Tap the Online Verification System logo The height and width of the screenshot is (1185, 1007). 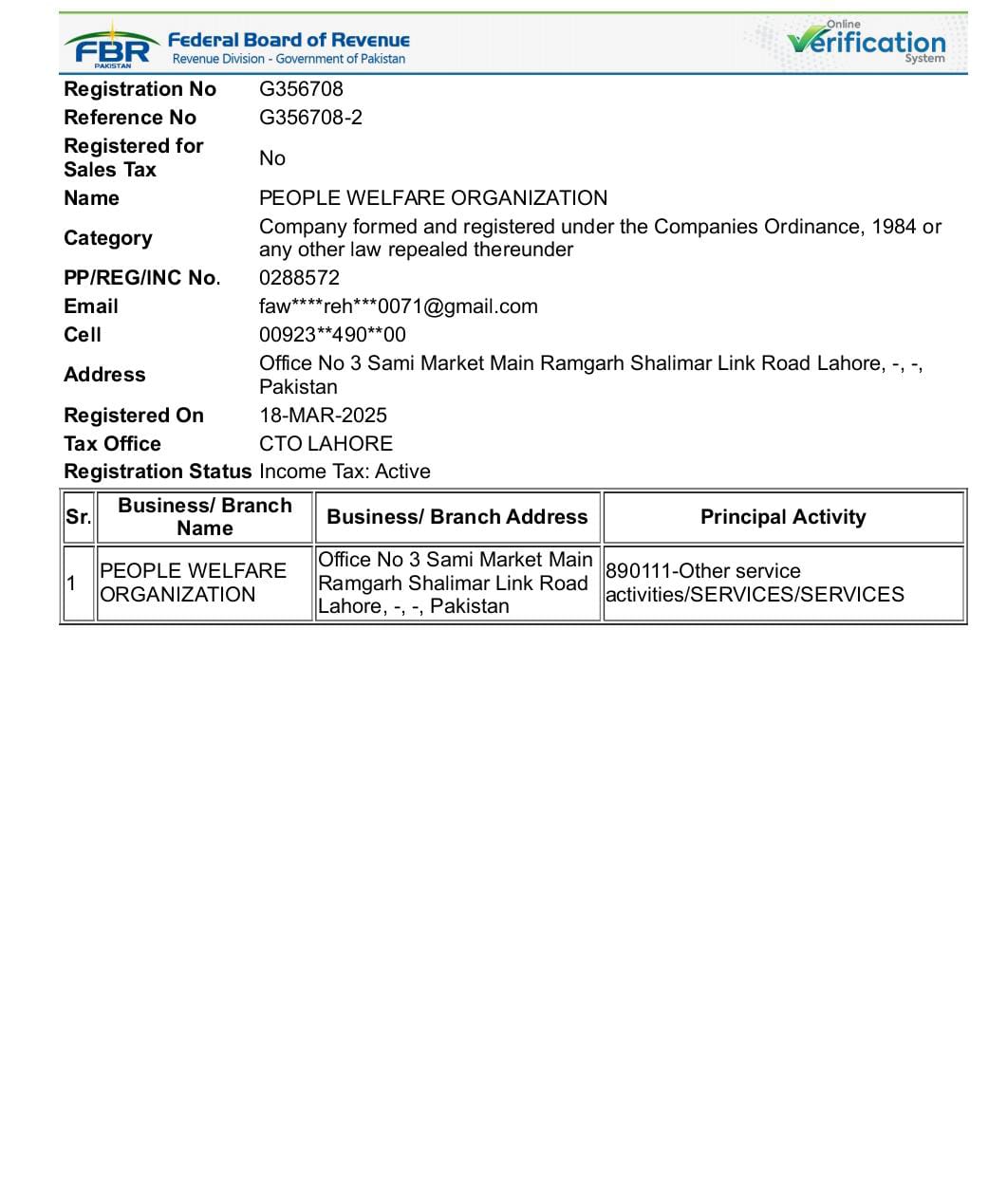[x=866, y=43]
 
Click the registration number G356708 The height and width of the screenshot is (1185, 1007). [x=301, y=89]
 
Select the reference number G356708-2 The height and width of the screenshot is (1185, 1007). [x=310, y=118]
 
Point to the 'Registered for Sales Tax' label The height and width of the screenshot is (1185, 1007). [x=133, y=157]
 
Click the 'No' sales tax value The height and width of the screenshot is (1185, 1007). [x=272, y=158]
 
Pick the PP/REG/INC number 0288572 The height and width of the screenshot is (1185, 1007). [x=299, y=278]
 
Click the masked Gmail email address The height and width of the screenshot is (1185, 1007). [x=398, y=306]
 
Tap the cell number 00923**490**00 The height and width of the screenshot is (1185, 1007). [x=332, y=335]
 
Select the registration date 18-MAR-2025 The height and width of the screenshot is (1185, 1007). [x=323, y=416]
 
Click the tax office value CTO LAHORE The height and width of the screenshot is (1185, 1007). [x=326, y=444]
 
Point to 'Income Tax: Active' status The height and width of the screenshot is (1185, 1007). [x=345, y=472]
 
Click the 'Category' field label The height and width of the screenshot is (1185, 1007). [x=107, y=238]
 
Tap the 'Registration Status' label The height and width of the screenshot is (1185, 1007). [x=157, y=472]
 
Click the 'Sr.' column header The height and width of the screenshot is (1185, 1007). [x=78, y=517]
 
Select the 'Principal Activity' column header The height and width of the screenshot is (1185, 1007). [x=783, y=517]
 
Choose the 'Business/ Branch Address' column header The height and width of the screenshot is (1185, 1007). [x=457, y=517]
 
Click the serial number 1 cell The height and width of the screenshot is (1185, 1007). [x=71, y=583]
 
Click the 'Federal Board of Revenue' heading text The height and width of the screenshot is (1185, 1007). [x=289, y=40]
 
